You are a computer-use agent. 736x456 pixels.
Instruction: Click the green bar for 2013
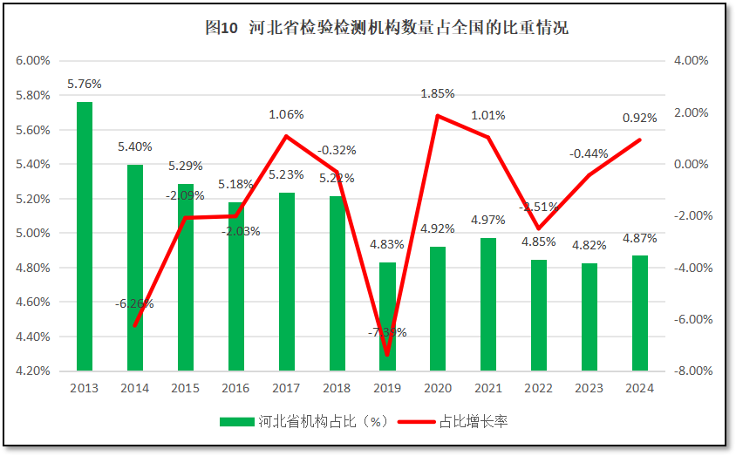click(x=85, y=235)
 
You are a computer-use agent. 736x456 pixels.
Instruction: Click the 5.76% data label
click(x=85, y=85)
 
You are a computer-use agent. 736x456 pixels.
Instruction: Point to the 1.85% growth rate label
click(x=438, y=93)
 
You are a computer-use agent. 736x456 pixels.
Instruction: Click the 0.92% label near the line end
click(x=639, y=118)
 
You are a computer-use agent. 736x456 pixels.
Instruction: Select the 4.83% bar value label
click(x=387, y=244)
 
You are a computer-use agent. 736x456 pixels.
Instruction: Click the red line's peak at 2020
click(x=437, y=116)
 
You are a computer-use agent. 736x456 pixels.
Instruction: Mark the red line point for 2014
click(x=135, y=326)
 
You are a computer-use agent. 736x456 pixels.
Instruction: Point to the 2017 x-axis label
click(x=286, y=388)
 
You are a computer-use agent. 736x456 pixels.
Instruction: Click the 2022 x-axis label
click(x=538, y=388)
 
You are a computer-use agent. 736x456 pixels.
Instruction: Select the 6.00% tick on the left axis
click(x=33, y=61)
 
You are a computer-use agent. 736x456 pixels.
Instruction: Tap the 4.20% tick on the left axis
click(x=33, y=371)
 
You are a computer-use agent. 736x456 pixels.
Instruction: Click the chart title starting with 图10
click(x=386, y=28)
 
